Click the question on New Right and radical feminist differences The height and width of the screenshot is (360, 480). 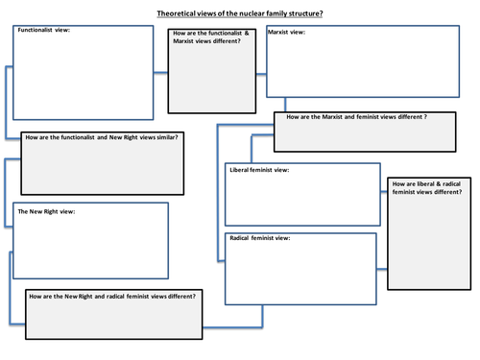pos(113,296)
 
